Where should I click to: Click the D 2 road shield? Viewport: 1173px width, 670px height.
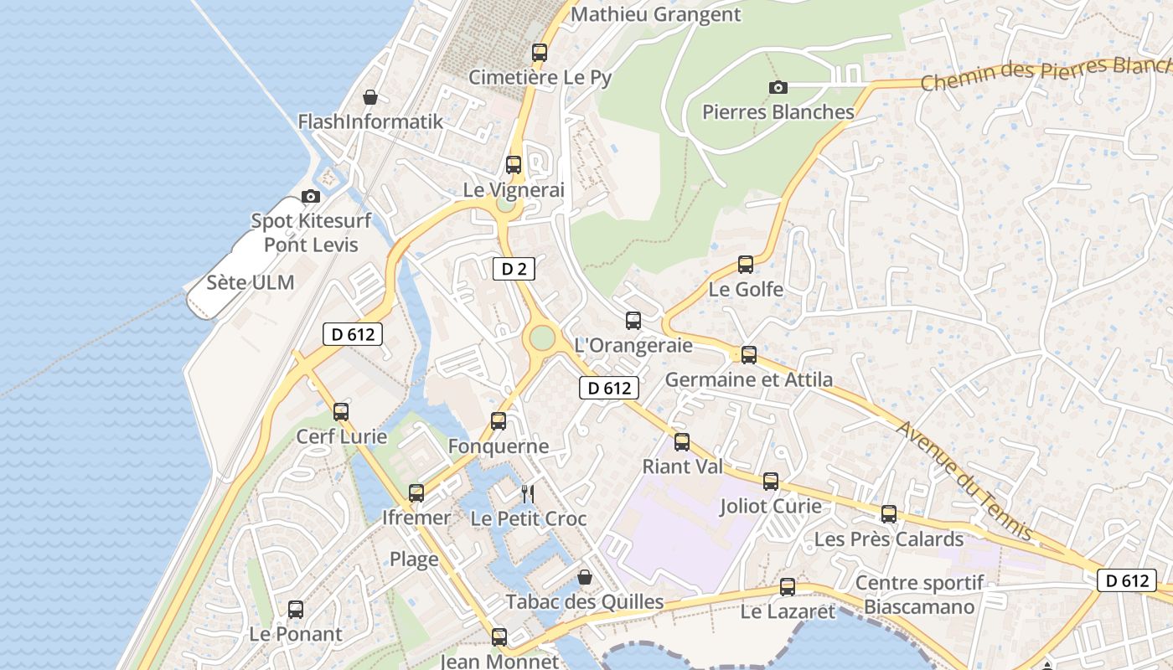pyautogui.click(x=513, y=269)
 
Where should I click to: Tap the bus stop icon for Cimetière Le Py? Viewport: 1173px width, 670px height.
pyautogui.click(x=540, y=52)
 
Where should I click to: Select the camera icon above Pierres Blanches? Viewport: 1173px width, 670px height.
pyautogui.click(x=778, y=87)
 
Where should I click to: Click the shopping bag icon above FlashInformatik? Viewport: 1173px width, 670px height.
pyautogui.click(x=370, y=97)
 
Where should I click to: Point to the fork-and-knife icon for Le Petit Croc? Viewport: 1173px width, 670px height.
pyautogui.click(x=528, y=493)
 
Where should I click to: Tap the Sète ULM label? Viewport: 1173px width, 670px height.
pyautogui.click(x=251, y=282)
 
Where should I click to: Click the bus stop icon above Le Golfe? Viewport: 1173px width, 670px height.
pyautogui.click(x=746, y=265)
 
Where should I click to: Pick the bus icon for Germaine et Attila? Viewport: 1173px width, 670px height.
pyautogui.click(x=749, y=354)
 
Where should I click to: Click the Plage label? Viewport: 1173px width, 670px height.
pyautogui.click(x=414, y=559)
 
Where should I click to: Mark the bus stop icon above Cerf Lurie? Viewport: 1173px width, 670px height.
pyautogui.click(x=341, y=411)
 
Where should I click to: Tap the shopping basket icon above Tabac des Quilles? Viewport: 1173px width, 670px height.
pyautogui.click(x=585, y=577)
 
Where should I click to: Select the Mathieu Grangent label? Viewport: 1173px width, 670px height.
pyautogui.click(x=655, y=14)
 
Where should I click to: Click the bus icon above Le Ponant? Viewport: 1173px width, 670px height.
pyautogui.click(x=296, y=609)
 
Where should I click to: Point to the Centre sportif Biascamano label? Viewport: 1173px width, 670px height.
pyautogui.click(x=919, y=595)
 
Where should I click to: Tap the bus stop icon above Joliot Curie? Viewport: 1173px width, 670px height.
pyautogui.click(x=771, y=481)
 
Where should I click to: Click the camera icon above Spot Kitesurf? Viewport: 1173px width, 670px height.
pyautogui.click(x=311, y=196)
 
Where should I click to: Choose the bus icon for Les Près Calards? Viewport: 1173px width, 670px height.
pyautogui.click(x=889, y=513)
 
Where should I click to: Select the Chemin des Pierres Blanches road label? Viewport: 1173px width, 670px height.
pyautogui.click(x=1043, y=75)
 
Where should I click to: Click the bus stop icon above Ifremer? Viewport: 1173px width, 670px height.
pyautogui.click(x=416, y=492)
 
